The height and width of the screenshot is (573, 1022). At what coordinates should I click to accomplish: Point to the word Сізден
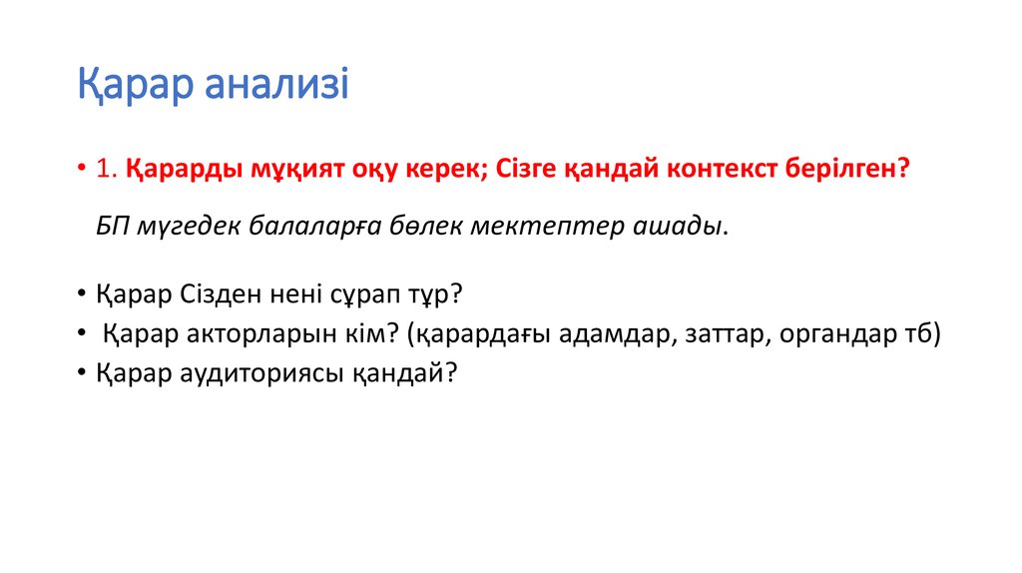coord(218,296)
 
